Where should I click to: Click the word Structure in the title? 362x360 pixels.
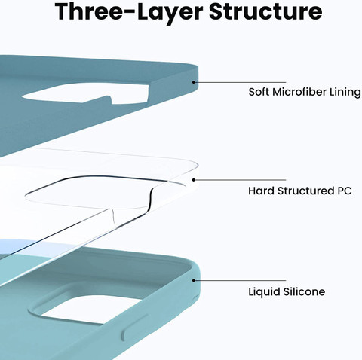(265, 11)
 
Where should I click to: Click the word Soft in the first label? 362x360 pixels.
(259, 92)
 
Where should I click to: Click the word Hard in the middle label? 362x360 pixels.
(261, 191)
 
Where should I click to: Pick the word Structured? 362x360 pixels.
(305, 191)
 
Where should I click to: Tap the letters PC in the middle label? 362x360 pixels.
(344, 191)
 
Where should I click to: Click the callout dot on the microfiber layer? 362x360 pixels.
(194, 82)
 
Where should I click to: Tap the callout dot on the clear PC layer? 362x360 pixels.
(194, 180)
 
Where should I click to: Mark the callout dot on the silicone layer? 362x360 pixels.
(194, 280)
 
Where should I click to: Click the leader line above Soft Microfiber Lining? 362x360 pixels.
(240, 82)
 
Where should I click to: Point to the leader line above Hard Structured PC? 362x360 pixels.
(240, 180)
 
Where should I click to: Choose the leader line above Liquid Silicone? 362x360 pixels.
(240, 280)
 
